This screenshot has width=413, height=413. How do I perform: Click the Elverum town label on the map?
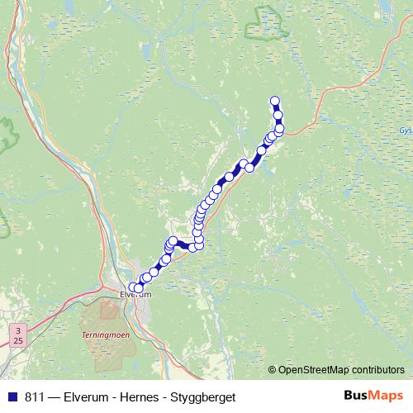point(135,293)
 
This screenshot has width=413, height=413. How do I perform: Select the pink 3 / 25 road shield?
point(18,334)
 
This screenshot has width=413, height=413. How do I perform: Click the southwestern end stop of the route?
point(133,287)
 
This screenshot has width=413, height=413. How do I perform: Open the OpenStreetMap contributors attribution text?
point(341,369)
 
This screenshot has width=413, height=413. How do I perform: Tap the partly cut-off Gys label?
point(405,131)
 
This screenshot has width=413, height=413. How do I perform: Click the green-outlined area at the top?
point(268,25)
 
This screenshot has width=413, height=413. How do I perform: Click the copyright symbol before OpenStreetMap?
point(272,369)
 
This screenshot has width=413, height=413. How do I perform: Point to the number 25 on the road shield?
point(18,339)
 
